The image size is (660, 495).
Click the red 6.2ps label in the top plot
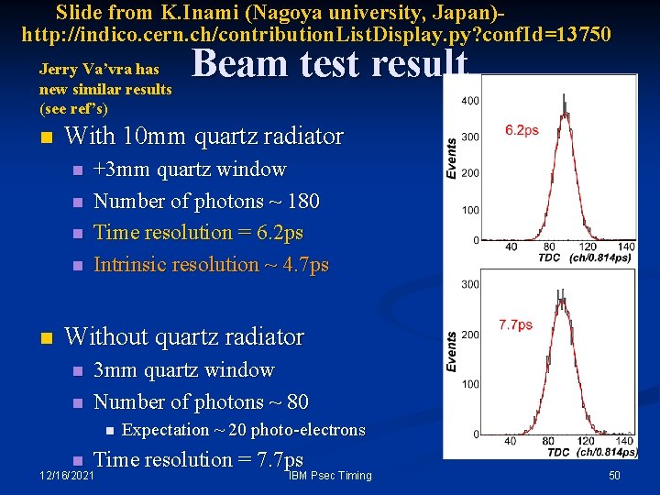(522, 130)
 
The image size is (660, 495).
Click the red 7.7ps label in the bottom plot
(515, 324)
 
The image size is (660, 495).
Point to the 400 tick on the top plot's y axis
(468, 100)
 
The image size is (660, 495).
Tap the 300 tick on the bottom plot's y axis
(468, 285)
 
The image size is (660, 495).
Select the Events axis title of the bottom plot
(451, 351)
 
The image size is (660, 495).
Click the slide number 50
(615, 475)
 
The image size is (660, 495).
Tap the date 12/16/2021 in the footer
(66, 475)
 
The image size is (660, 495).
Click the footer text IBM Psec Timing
(330, 475)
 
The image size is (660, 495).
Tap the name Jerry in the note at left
(57, 69)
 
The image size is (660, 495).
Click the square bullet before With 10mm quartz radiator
(47, 138)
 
